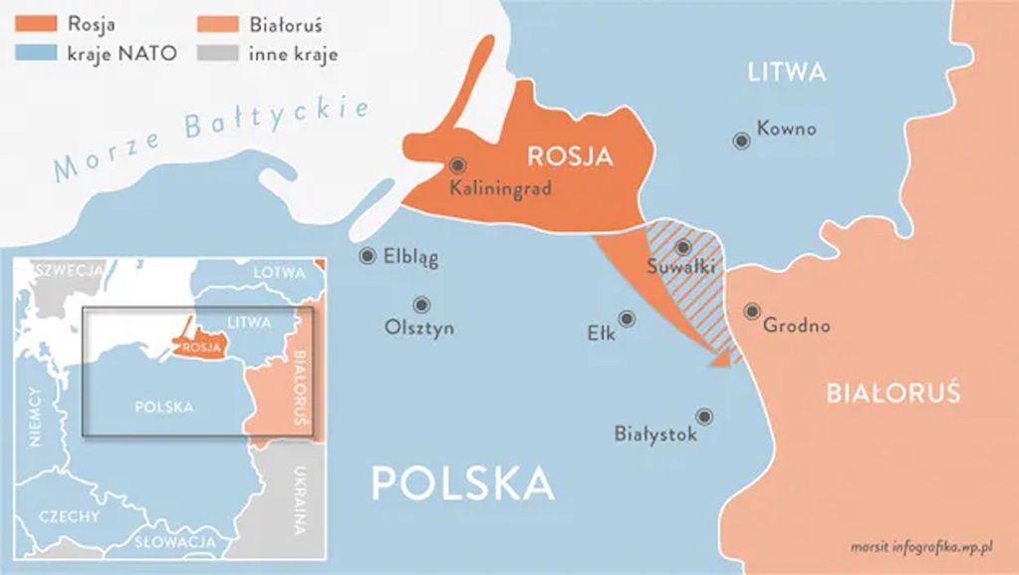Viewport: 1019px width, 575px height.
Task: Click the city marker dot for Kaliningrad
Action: tap(457, 165)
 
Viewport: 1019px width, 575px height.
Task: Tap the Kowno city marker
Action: tap(741, 142)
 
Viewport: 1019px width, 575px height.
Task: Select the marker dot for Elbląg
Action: tap(368, 256)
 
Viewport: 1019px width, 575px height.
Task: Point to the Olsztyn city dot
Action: tap(421, 305)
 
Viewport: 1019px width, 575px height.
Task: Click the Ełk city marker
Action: tap(627, 319)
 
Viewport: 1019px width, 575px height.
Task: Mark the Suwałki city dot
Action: tap(682, 247)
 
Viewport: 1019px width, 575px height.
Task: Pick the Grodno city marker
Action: tap(752, 311)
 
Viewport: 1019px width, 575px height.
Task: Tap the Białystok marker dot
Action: tap(704, 417)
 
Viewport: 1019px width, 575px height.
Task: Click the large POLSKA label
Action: tap(462, 482)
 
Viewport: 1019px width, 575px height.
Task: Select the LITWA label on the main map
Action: tap(787, 73)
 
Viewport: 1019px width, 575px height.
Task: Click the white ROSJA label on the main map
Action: tap(570, 155)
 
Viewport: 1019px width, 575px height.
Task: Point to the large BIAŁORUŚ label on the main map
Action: tap(893, 394)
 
